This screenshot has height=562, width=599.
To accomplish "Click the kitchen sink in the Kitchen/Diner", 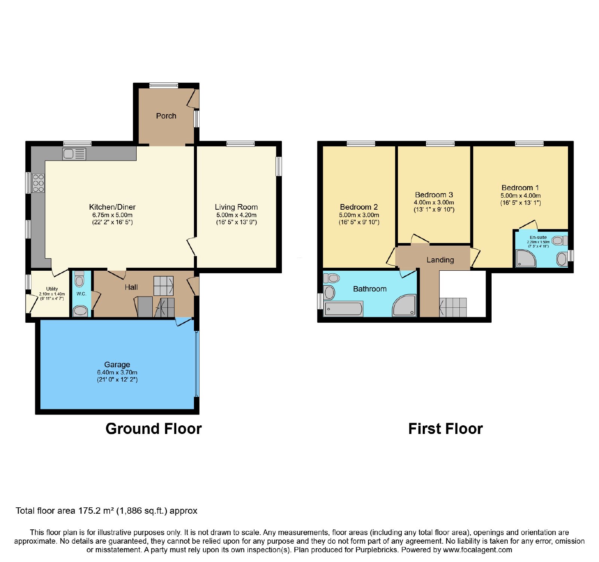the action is pos(75,154).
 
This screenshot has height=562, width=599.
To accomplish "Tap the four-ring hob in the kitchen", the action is pos(38,183).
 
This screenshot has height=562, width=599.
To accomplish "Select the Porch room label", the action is pos(166,116).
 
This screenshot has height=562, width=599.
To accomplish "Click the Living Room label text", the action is pos(236,207).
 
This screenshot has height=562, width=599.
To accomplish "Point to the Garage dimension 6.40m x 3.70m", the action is pos(117,373).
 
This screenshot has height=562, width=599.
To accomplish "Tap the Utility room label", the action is pos(52,289).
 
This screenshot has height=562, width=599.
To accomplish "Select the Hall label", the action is pos(131,287).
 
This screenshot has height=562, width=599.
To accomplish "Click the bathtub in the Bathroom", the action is pos(344,309).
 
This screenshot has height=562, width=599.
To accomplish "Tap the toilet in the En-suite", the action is pos(559,240).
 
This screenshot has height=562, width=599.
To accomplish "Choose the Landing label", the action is pos(440,260).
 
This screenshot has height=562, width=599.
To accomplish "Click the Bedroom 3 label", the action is pos(434,195).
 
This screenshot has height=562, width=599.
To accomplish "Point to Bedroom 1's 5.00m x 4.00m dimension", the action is pos(520,195).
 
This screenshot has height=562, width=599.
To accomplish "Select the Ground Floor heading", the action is pos(153,429).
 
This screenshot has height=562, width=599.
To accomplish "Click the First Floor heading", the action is pos(446,429).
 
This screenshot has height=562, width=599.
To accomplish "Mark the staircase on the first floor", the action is pos(453,307).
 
